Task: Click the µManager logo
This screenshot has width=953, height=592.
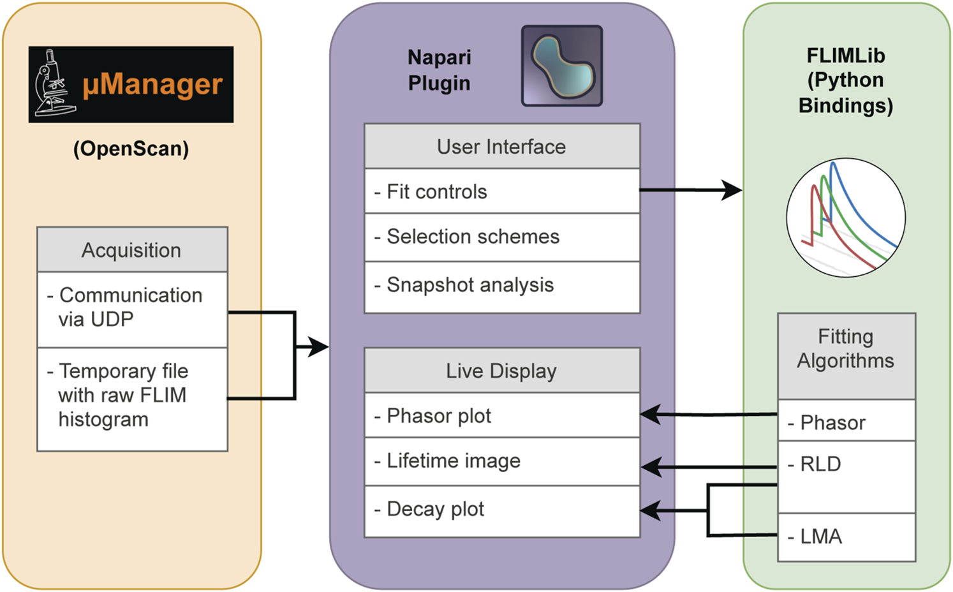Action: (131, 84)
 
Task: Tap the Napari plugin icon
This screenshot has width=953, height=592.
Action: (561, 66)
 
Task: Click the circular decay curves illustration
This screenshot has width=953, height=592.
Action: (845, 218)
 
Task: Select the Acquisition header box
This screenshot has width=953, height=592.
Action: (132, 249)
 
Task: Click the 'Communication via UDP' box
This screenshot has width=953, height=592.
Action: (132, 309)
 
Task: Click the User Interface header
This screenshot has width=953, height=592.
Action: (501, 147)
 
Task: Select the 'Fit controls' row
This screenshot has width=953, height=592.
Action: (501, 191)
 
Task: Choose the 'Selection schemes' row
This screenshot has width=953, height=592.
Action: (501, 237)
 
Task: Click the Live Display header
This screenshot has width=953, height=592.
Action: (501, 371)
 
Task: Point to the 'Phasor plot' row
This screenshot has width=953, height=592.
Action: (501, 415)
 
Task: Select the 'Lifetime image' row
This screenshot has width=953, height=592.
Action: (501, 461)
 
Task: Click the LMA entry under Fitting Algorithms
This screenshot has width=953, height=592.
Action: (846, 537)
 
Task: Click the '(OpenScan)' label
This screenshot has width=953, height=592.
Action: (131, 149)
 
